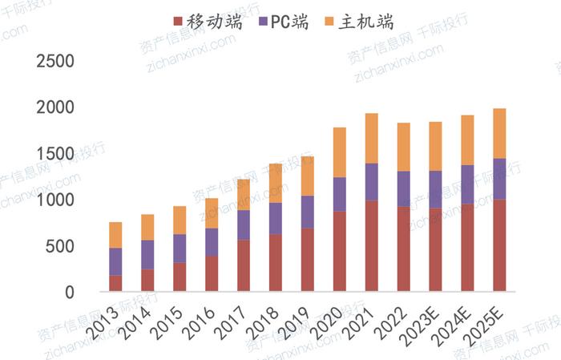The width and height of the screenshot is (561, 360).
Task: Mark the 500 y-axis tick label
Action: [62, 247]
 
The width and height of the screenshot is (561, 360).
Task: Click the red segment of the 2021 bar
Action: [371, 245]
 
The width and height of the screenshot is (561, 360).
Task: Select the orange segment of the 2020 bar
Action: [340, 152]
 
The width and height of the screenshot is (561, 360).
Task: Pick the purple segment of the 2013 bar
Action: [115, 261]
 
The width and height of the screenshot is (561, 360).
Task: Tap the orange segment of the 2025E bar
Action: [499, 133]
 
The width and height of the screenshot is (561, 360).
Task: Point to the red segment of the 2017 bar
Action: [244, 265]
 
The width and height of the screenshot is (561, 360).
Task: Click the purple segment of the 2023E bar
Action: [435, 189]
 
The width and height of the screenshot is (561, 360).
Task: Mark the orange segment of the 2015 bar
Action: [180, 220]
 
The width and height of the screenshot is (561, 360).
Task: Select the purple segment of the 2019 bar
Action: [308, 212]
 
